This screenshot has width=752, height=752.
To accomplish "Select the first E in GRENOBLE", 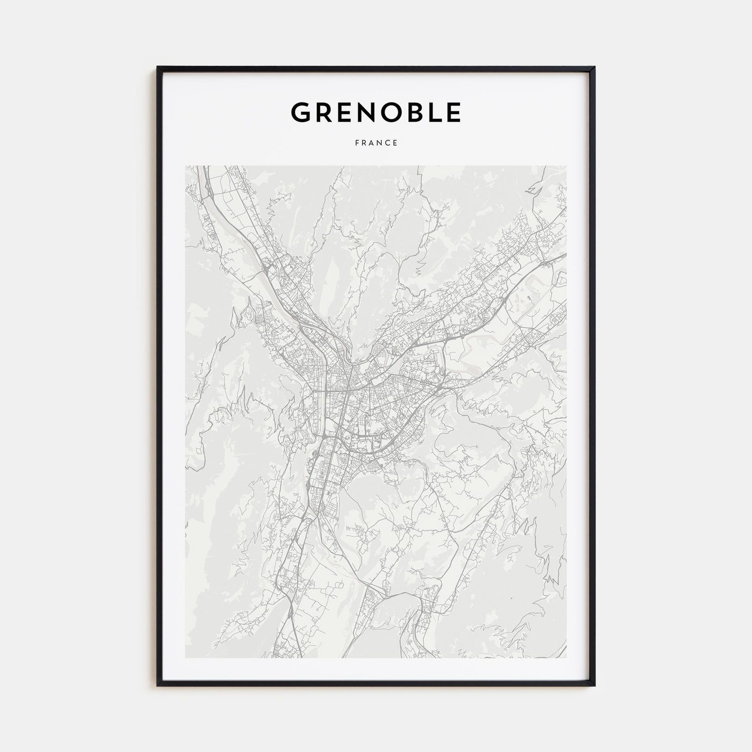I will click(x=346, y=112).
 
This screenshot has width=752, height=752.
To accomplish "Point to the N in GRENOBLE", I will click(x=368, y=112).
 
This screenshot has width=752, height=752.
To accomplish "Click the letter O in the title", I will click(x=394, y=112).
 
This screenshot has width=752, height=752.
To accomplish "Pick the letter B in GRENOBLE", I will click(x=418, y=112).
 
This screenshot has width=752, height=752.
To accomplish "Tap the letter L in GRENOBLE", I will click(x=437, y=112).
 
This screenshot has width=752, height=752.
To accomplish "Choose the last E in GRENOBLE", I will click(x=454, y=112).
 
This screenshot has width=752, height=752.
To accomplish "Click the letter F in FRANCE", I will click(x=356, y=143).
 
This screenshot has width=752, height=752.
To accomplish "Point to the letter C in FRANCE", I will click(x=387, y=143).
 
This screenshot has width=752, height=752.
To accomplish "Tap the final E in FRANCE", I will click(x=395, y=143).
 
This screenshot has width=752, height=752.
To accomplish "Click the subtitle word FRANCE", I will click(x=375, y=143).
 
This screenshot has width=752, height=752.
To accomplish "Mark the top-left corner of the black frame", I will click(x=157, y=67).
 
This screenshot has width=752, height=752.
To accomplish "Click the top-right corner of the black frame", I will click(x=595, y=67).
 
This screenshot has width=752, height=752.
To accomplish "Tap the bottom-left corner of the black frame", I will click(x=157, y=686).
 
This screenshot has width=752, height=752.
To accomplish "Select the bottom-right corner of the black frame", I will click(x=595, y=686).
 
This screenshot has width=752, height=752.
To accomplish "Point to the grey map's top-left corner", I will click(x=185, y=165).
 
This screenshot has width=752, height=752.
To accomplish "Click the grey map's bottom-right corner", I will click(x=566, y=658).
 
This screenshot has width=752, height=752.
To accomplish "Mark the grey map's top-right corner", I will click(x=566, y=165).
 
